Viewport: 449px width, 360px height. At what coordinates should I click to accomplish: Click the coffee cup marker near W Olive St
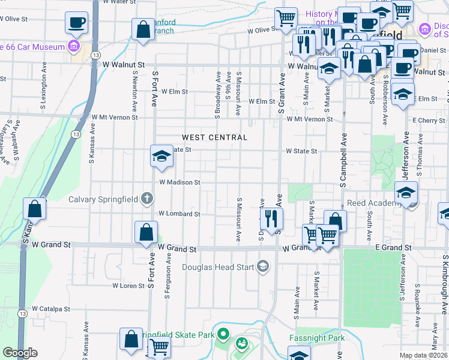click(76, 23)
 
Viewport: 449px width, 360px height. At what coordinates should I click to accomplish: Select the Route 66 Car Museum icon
click(74, 46)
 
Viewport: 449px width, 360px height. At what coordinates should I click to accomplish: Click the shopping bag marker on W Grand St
click(146, 232)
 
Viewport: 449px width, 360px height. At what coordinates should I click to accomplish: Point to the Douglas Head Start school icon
click(262, 266)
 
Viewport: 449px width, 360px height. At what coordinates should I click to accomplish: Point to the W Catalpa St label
click(51, 309)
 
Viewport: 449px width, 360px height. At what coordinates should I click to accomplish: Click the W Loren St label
click(129, 286)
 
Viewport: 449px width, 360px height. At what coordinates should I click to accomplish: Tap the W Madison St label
click(179, 182)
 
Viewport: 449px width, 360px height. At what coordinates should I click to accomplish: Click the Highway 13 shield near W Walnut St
click(96, 55)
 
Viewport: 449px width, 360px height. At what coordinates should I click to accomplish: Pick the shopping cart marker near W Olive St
click(286, 17)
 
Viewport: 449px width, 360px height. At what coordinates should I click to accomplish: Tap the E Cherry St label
click(429, 121)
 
